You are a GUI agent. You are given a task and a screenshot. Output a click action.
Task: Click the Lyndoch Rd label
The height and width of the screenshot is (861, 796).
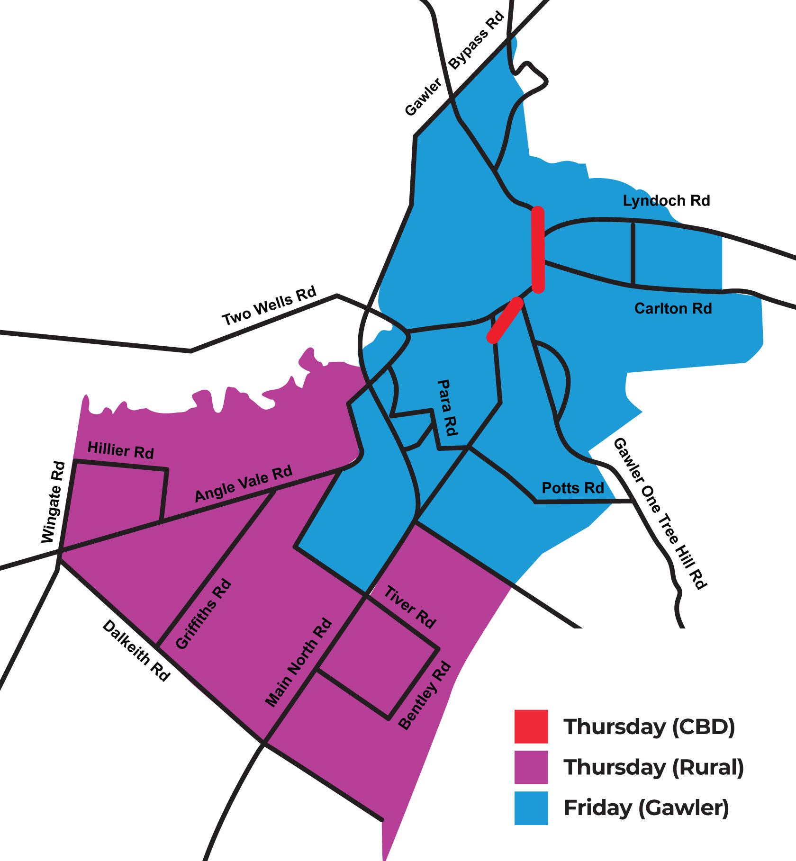666,201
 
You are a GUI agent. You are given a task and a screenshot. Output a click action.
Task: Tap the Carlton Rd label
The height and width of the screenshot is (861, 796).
673,309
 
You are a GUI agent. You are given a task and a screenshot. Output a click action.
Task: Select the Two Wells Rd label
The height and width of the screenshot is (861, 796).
269,306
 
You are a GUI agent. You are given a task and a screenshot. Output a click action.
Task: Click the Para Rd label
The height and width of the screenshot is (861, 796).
447,407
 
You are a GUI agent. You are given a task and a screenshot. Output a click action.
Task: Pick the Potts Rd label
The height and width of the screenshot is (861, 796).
573,488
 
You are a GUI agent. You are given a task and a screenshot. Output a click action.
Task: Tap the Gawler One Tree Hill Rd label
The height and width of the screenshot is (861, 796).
660,513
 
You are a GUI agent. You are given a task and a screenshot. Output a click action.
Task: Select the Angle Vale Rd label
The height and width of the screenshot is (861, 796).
244,484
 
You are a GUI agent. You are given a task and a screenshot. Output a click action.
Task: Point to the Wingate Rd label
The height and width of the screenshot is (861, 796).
53,502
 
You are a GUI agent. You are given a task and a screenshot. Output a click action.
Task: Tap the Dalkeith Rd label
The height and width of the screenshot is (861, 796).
136,651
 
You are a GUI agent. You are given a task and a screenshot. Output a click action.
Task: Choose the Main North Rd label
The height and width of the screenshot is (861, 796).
298,663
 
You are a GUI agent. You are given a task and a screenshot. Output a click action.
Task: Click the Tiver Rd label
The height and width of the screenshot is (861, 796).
409,607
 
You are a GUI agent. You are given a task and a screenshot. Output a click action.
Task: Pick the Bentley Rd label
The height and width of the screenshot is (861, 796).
425,696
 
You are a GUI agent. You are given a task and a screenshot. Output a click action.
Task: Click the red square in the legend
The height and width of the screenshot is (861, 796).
531,726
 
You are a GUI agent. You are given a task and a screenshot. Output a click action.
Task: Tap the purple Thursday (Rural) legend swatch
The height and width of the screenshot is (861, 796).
531,767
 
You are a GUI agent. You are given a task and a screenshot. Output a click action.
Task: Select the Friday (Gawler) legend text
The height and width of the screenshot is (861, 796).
646,808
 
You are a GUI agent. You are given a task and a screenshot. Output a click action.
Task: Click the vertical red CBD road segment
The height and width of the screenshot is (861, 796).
538,249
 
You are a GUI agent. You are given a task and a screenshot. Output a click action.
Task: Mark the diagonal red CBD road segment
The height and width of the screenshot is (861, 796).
506,320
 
